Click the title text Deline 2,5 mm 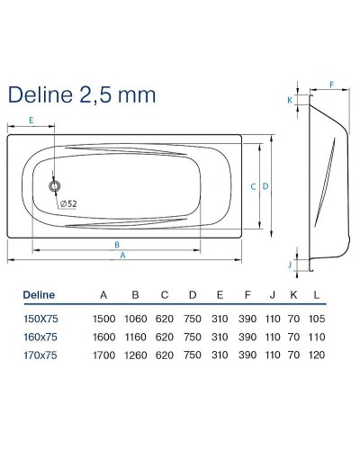point(81,94)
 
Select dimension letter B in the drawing point(117,244)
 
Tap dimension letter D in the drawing point(266,186)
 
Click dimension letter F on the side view point(330,85)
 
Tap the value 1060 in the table point(135,319)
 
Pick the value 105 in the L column point(317,319)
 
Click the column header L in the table point(317,294)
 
